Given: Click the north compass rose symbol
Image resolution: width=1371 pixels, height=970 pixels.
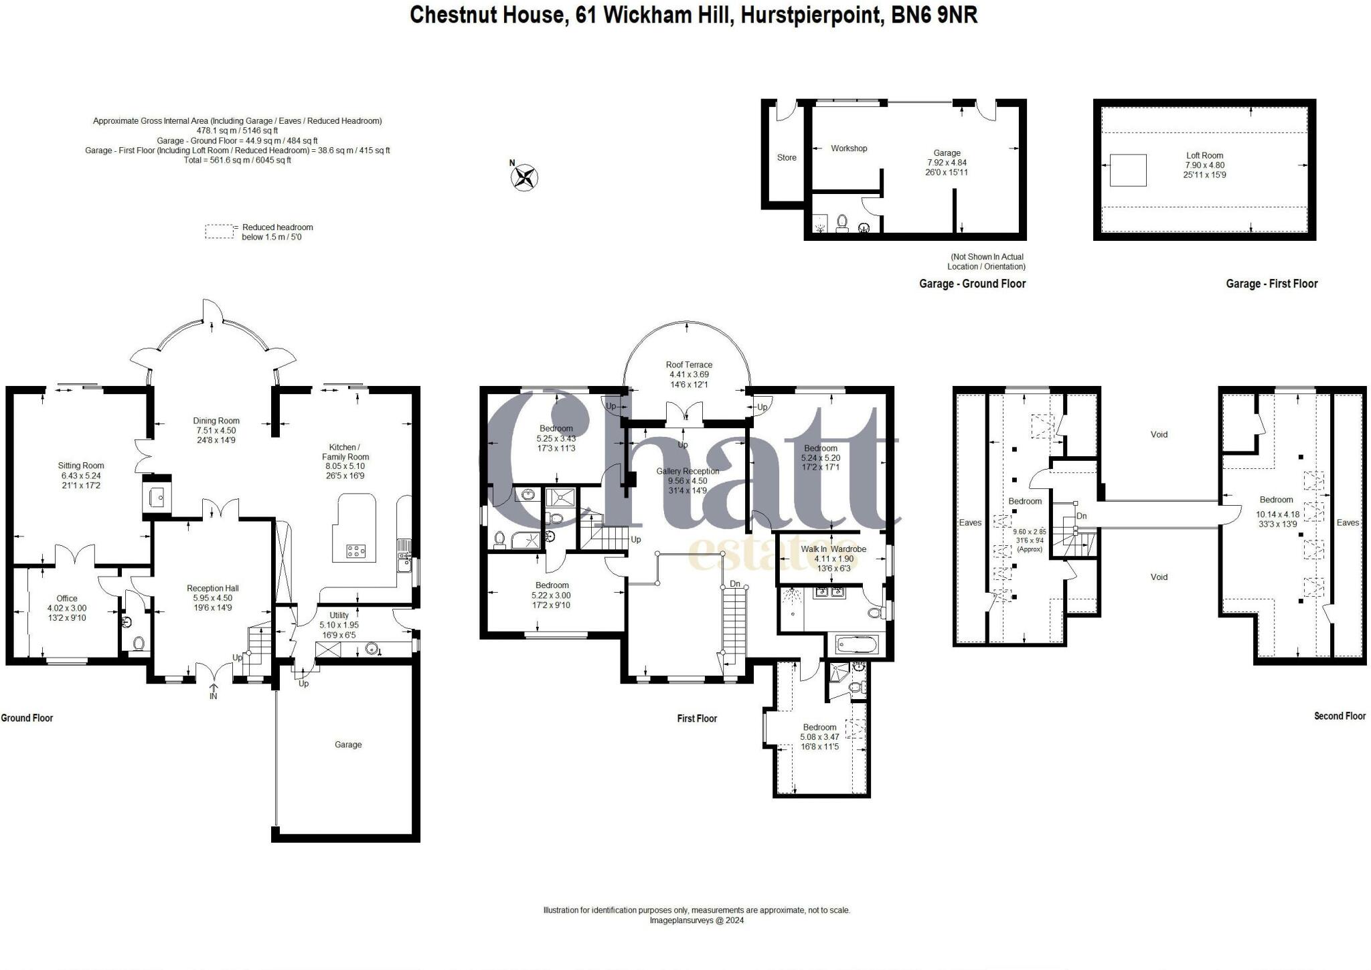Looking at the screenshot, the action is click(x=524, y=177).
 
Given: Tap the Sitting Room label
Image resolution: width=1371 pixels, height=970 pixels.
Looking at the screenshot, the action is click(x=81, y=466).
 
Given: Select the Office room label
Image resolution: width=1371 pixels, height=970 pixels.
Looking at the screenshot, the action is click(x=67, y=599).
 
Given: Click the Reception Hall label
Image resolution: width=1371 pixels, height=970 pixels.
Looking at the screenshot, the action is click(x=213, y=589).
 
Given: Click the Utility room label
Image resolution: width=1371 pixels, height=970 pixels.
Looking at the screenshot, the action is click(x=339, y=615).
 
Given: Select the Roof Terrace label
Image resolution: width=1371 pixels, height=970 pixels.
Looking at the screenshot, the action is click(x=689, y=365).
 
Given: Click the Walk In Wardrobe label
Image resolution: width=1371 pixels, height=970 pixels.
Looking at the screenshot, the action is click(x=833, y=549).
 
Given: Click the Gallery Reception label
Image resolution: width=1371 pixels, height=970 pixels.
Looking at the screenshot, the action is click(x=688, y=471).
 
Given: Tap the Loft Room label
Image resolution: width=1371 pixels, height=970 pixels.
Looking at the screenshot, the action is click(x=1204, y=155).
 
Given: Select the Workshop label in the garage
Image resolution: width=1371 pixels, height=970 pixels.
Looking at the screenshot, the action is click(x=849, y=149).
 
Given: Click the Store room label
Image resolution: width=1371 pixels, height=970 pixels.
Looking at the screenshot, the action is click(x=787, y=158).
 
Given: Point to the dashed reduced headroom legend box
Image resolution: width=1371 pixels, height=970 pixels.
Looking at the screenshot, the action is click(x=219, y=231).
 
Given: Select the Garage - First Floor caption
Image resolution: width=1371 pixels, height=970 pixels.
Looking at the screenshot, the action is click(x=1271, y=284).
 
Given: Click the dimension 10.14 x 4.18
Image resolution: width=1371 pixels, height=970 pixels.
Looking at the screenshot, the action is click(x=1277, y=514).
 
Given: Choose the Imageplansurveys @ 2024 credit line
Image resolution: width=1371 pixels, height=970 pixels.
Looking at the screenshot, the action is click(x=697, y=920).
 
